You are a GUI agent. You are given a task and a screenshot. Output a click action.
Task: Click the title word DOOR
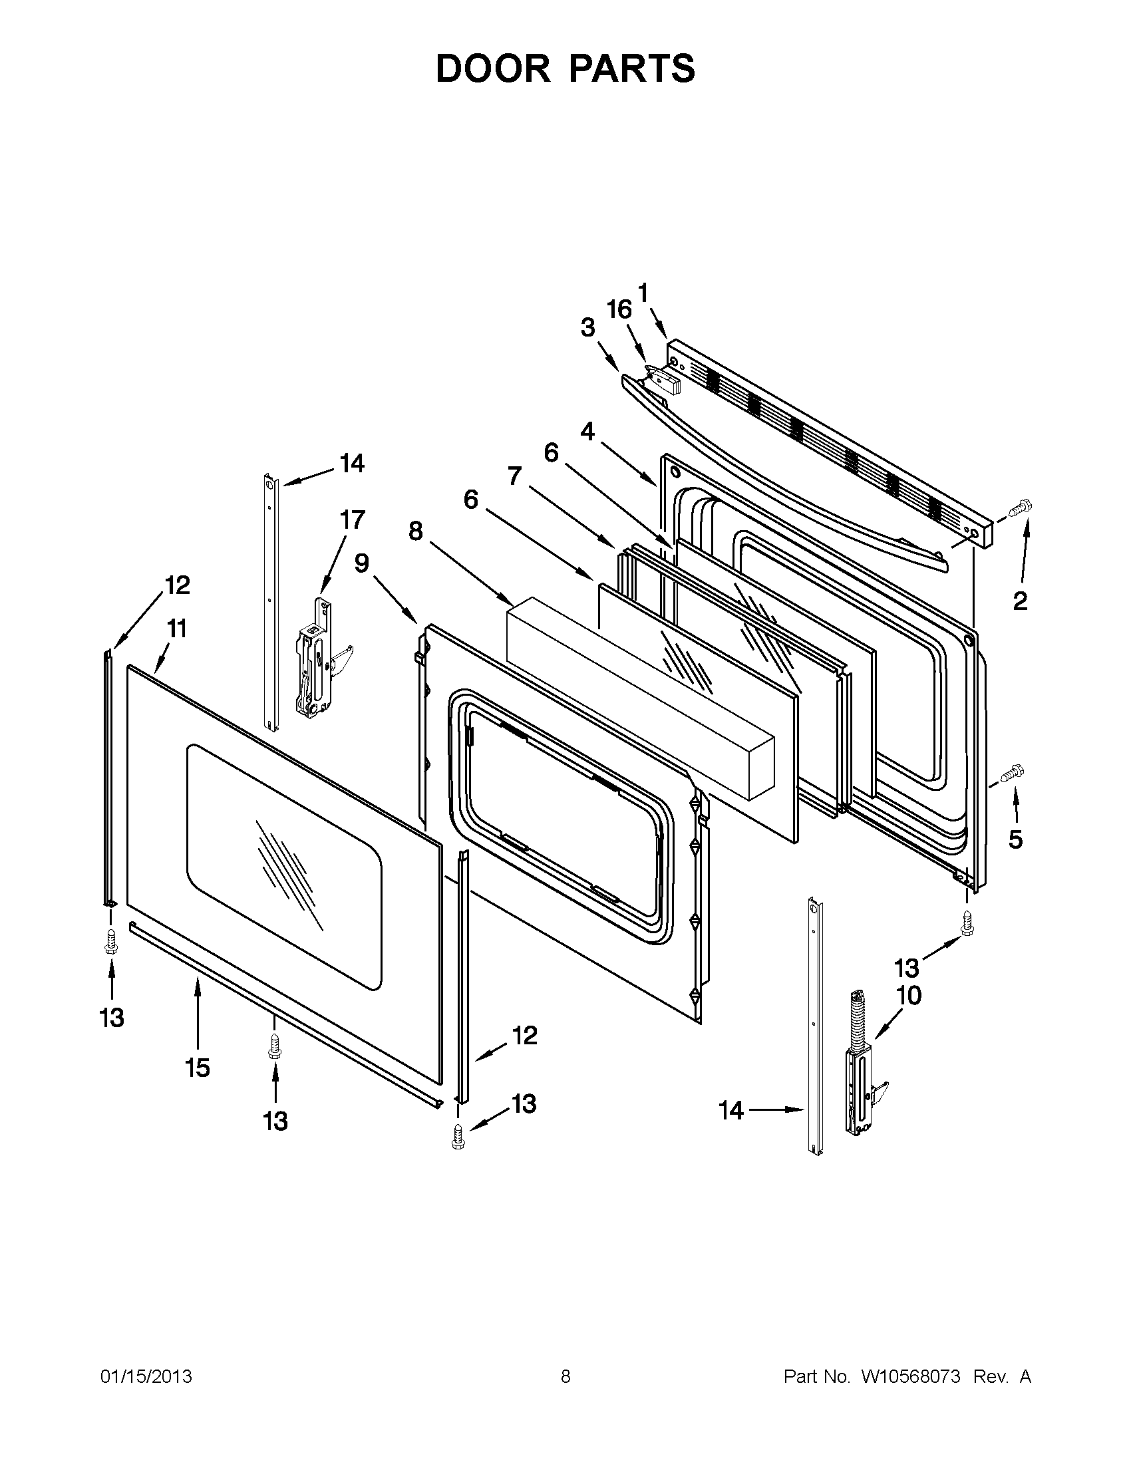[x=492, y=69]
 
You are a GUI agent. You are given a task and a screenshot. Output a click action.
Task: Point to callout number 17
[x=352, y=519]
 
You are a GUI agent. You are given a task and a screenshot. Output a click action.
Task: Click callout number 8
[x=416, y=531]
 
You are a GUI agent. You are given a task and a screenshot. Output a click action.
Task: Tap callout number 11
[x=177, y=629]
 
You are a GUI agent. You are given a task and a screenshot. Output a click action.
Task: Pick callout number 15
[x=197, y=1067]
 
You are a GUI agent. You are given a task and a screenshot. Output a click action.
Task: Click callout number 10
[x=908, y=996]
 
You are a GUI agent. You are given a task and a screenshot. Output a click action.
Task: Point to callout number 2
[x=1020, y=601]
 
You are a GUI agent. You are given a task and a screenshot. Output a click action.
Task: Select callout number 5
[x=1016, y=839]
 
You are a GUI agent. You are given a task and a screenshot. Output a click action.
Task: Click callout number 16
[x=619, y=310]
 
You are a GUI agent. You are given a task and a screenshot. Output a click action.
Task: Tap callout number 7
[x=514, y=476]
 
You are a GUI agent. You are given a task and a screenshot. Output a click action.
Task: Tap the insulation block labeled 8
[x=640, y=697]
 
